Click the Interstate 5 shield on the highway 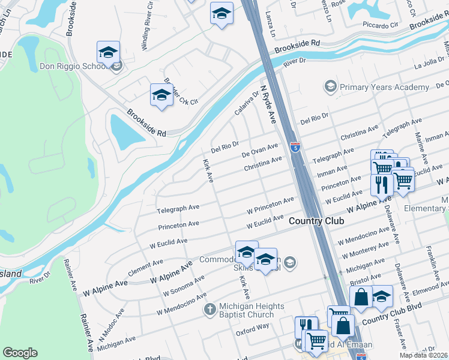295,147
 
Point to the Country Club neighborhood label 316,221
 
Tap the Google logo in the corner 20,353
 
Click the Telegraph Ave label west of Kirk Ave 178,208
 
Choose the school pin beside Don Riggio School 109,53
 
